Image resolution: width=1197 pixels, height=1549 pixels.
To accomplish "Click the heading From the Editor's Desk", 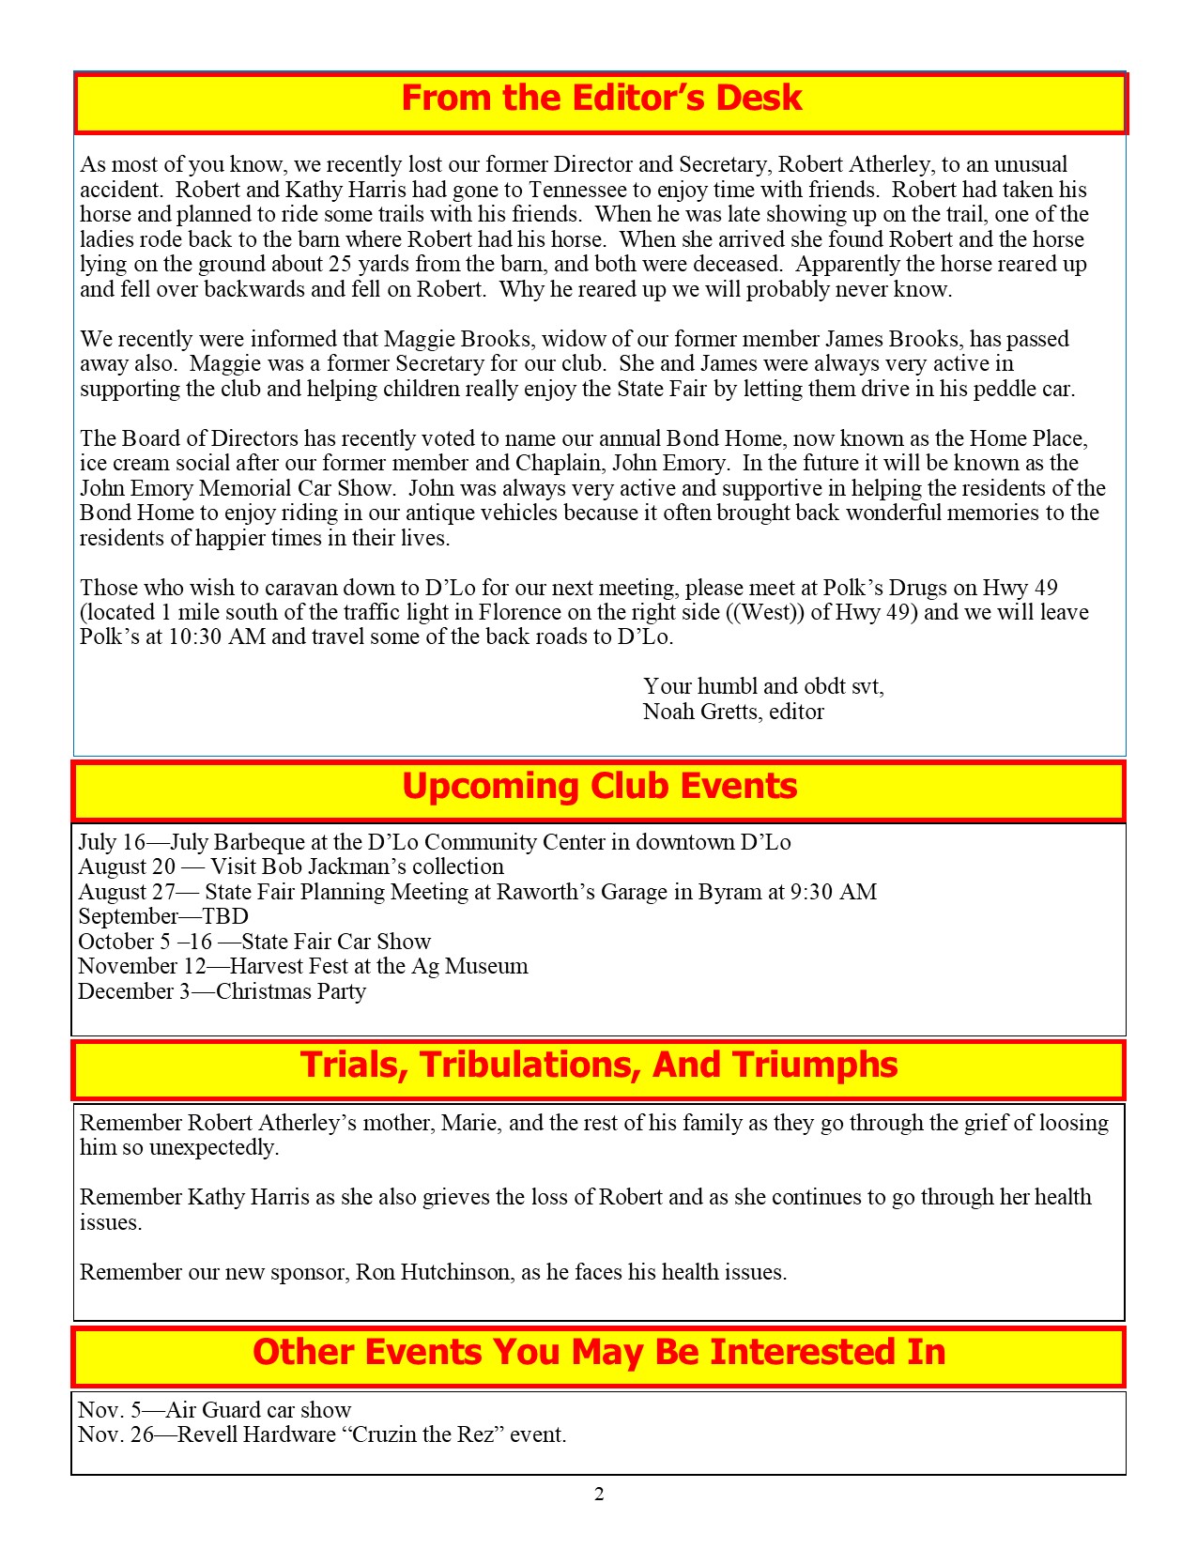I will tap(601, 99).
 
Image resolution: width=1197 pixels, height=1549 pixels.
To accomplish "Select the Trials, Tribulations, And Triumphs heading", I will tap(599, 1066).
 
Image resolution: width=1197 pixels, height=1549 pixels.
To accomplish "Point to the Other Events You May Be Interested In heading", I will tap(599, 1353).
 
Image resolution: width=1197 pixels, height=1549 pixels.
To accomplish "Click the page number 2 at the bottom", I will tap(599, 1495).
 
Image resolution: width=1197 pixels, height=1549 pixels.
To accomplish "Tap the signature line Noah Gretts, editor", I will tap(733, 712).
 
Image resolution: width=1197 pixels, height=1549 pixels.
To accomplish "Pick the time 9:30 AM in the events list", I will tap(834, 892).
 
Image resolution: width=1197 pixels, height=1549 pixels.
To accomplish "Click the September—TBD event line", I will tap(163, 916).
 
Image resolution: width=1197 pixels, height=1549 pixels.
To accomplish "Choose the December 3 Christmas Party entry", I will tap(222, 991).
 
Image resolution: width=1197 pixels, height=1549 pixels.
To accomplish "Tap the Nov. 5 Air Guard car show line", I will tap(214, 1410).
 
